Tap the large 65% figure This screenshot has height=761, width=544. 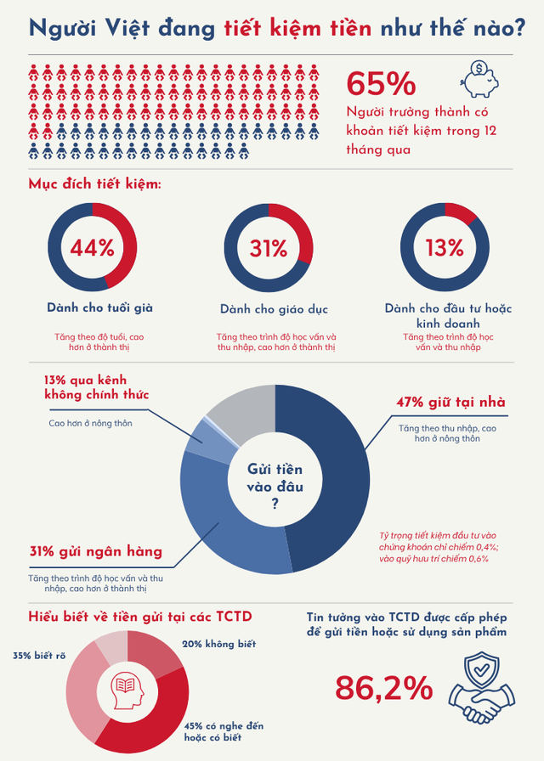click(x=382, y=84)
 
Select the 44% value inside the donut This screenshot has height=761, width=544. click(x=92, y=247)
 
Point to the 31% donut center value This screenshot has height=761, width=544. click(x=269, y=247)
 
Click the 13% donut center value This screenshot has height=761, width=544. click(x=445, y=247)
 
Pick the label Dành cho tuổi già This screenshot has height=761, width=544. click(x=100, y=307)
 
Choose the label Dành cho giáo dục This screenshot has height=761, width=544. click(x=274, y=308)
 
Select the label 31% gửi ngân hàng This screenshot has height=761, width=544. click(x=96, y=551)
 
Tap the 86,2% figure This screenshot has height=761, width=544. click(x=384, y=687)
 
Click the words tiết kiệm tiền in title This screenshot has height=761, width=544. click(x=297, y=28)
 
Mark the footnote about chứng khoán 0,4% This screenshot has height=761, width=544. click(x=439, y=548)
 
